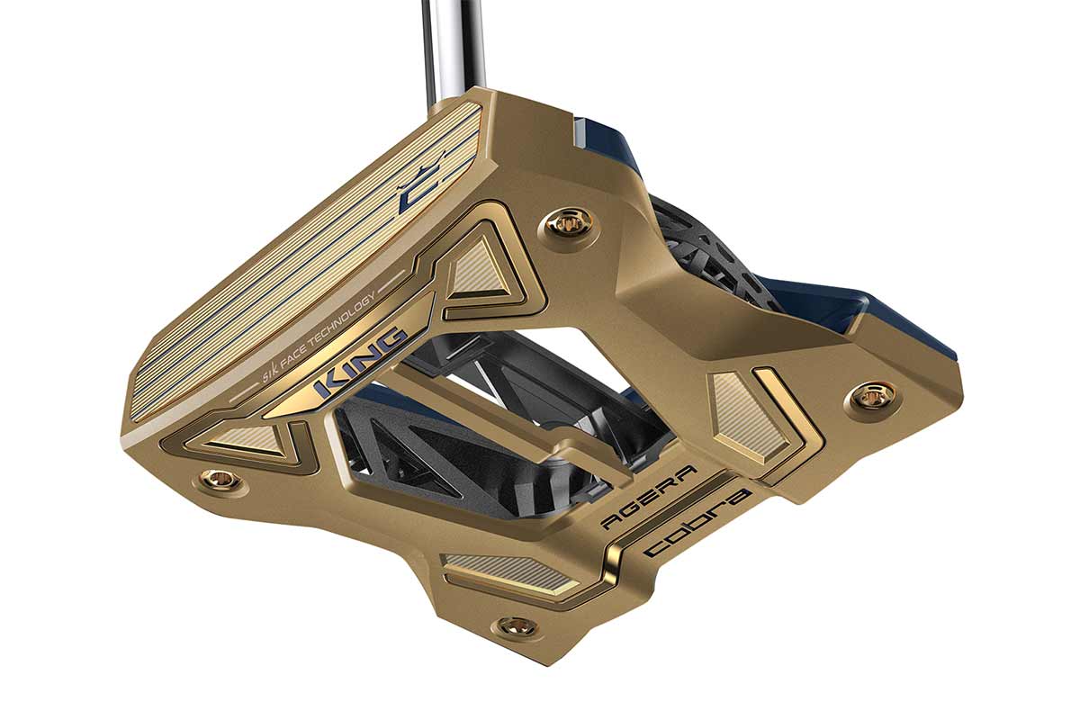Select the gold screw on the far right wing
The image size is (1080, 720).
(x=871, y=398)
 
